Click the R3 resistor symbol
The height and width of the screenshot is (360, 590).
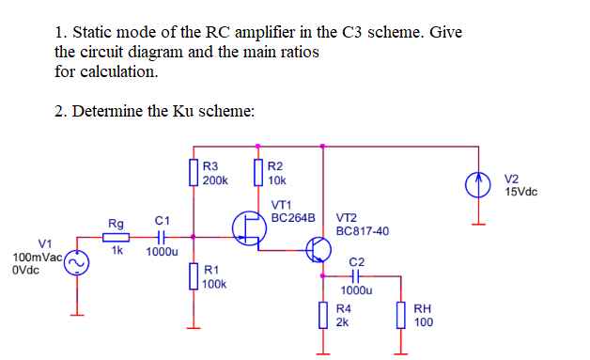click(194, 174)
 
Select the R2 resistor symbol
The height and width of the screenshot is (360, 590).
click(258, 174)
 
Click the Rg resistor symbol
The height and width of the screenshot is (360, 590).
click(117, 237)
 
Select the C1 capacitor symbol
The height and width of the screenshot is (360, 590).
click(161, 237)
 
